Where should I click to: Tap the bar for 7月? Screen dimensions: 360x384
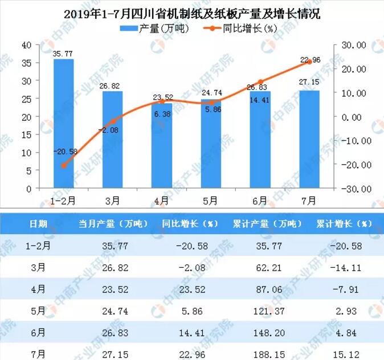coord(309,139)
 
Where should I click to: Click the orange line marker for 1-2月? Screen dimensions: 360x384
coord(63,166)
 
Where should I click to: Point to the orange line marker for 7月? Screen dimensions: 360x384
coord(309,62)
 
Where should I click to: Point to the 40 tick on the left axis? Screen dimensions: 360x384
coord(26,44)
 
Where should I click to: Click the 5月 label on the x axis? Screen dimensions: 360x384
coord(211,200)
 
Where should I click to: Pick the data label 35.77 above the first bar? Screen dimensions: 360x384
coord(64,54)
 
